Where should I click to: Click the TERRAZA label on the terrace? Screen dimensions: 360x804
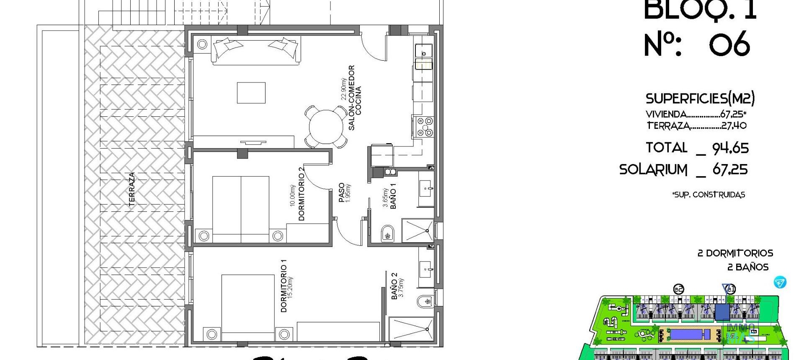tap(132, 189)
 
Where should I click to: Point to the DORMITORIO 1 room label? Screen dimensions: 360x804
tap(284, 286)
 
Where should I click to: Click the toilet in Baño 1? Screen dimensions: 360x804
tap(388, 234)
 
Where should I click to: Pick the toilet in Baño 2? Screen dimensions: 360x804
tap(425, 301)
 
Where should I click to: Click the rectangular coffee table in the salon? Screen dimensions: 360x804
tap(251, 93)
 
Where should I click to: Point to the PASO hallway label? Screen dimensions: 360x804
tap(342, 193)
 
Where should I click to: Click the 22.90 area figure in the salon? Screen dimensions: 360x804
tap(344, 89)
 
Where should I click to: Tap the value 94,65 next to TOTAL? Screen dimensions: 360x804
tap(730, 148)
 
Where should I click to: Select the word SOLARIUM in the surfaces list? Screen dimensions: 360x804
tap(653, 170)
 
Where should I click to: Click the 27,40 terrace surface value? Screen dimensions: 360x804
tap(734, 126)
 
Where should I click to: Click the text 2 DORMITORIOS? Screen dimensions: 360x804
tap(735, 253)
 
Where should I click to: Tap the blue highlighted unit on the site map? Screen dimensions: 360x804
tap(722, 312)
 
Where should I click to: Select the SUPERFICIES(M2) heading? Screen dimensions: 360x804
tap(700, 99)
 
